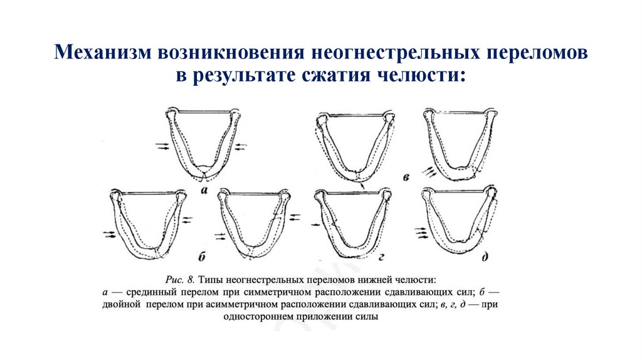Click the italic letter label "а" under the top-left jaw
204,189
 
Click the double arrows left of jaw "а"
162,146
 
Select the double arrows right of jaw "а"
241,146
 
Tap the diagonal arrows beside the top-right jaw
429,170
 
